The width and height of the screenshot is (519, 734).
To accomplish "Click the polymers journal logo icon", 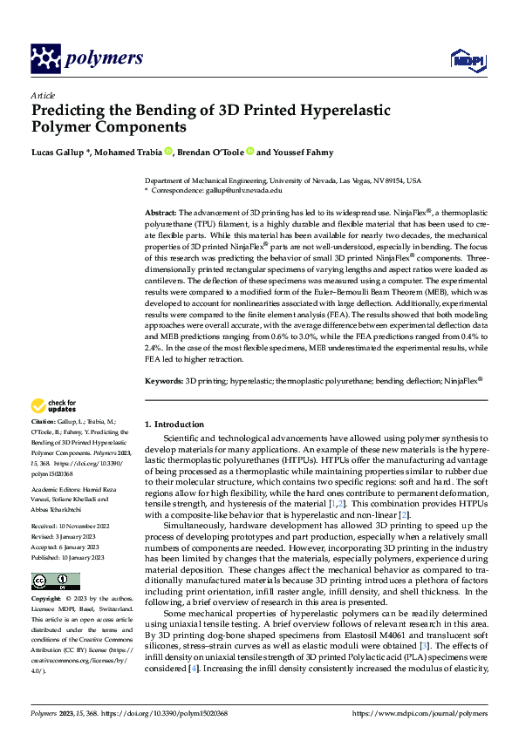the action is pos(44,59).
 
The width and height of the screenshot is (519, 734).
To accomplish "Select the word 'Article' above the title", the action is pos(42,95).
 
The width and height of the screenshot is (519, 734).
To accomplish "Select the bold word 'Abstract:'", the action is pos(160,213).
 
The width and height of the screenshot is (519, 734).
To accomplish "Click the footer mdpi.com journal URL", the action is pos(420,712).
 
